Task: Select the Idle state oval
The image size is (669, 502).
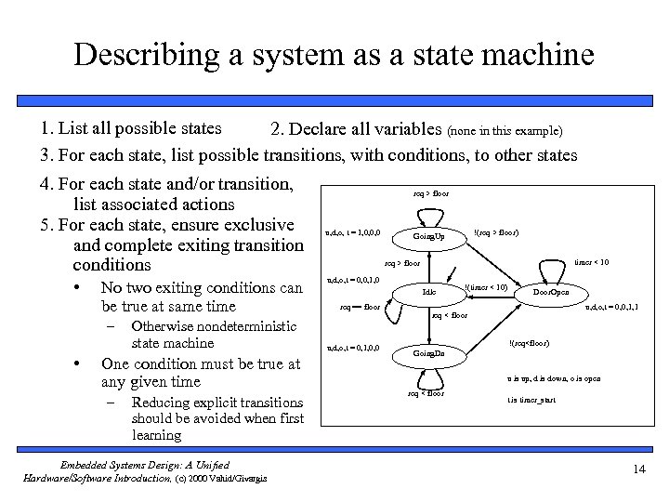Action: point(428,292)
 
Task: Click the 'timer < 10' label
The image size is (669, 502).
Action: point(591,263)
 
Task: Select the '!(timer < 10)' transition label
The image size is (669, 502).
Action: point(485,287)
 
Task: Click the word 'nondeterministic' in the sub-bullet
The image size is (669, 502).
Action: point(215,326)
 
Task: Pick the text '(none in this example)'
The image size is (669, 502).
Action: point(505,130)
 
